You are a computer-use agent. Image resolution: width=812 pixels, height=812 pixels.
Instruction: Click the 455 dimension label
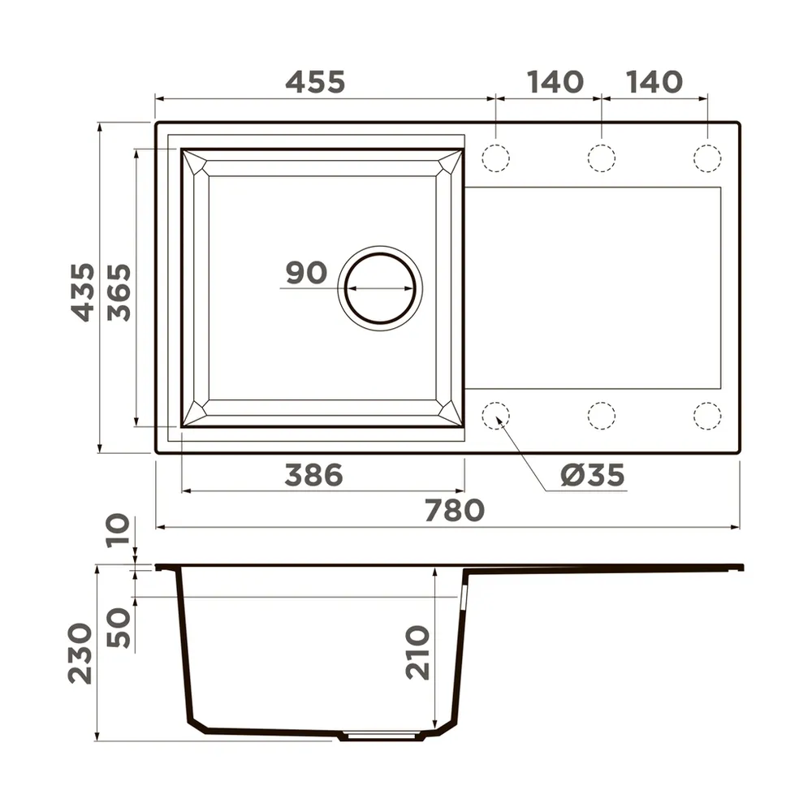tap(315, 82)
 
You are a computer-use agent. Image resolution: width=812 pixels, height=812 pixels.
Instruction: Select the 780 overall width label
tap(454, 510)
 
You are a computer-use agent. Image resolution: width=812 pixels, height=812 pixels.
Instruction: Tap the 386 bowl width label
tap(313, 475)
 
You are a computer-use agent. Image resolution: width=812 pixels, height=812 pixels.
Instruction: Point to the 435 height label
tap(83, 292)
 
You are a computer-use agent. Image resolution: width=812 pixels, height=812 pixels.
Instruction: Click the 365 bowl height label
tap(119, 292)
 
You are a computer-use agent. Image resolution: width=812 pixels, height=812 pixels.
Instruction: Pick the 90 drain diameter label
tap(306, 272)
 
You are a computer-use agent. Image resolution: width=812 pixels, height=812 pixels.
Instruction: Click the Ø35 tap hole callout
tap(593, 475)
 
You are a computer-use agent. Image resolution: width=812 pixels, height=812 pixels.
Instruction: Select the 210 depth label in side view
tap(417, 653)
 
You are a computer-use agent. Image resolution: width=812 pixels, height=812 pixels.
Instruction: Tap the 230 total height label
tap(80, 654)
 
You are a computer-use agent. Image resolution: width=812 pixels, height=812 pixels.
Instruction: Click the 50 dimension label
tap(119, 628)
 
